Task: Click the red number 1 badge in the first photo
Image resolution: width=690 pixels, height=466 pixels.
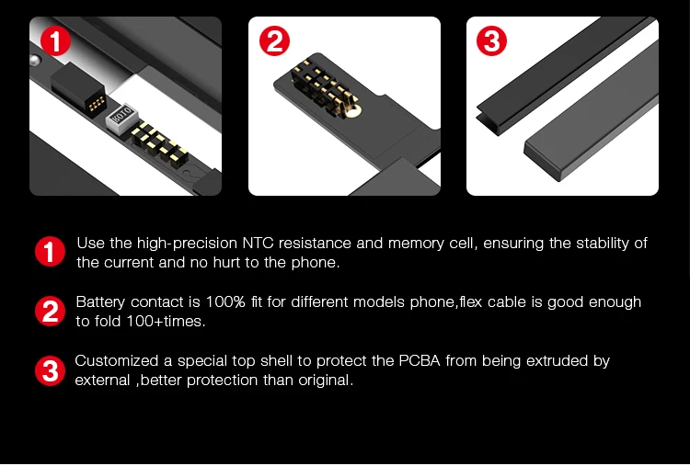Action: [x=55, y=40]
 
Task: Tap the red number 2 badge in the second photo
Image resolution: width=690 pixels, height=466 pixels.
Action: [x=274, y=40]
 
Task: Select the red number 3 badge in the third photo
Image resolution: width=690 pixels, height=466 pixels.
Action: [x=491, y=40]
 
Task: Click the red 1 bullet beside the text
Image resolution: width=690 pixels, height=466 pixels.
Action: [x=51, y=252]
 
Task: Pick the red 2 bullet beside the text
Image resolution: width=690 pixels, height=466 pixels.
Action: [x=51, y=311]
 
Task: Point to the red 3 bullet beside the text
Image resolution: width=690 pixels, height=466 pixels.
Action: [x=51, y=370]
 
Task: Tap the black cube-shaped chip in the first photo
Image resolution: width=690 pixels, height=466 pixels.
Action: [x=77, y=87]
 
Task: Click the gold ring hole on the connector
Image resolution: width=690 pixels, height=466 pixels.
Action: [x=352, y=110]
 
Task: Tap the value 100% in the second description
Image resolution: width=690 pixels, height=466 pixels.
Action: [x=225, y=302]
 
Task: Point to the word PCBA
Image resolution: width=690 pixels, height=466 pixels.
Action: [x=420, y=361]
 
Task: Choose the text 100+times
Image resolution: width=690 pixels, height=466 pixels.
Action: [x=166, y=322]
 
